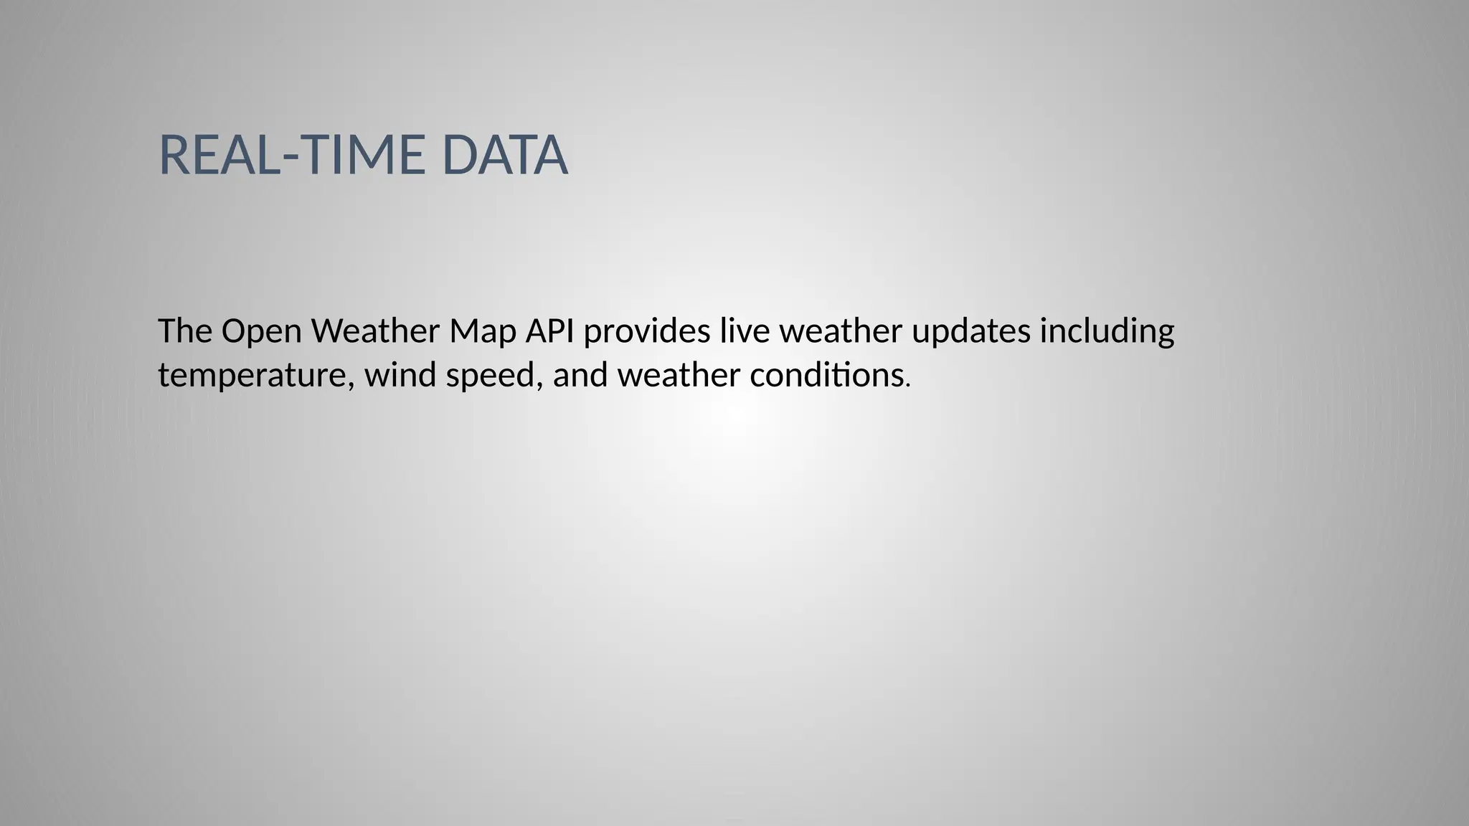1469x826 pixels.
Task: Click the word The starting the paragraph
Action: coord(184,331)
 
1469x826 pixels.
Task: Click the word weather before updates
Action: coord(840,331)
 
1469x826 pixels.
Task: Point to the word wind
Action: coord(400,375)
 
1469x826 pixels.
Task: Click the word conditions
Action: coord(826,375)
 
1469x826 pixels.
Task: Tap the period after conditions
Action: coord(909,386)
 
